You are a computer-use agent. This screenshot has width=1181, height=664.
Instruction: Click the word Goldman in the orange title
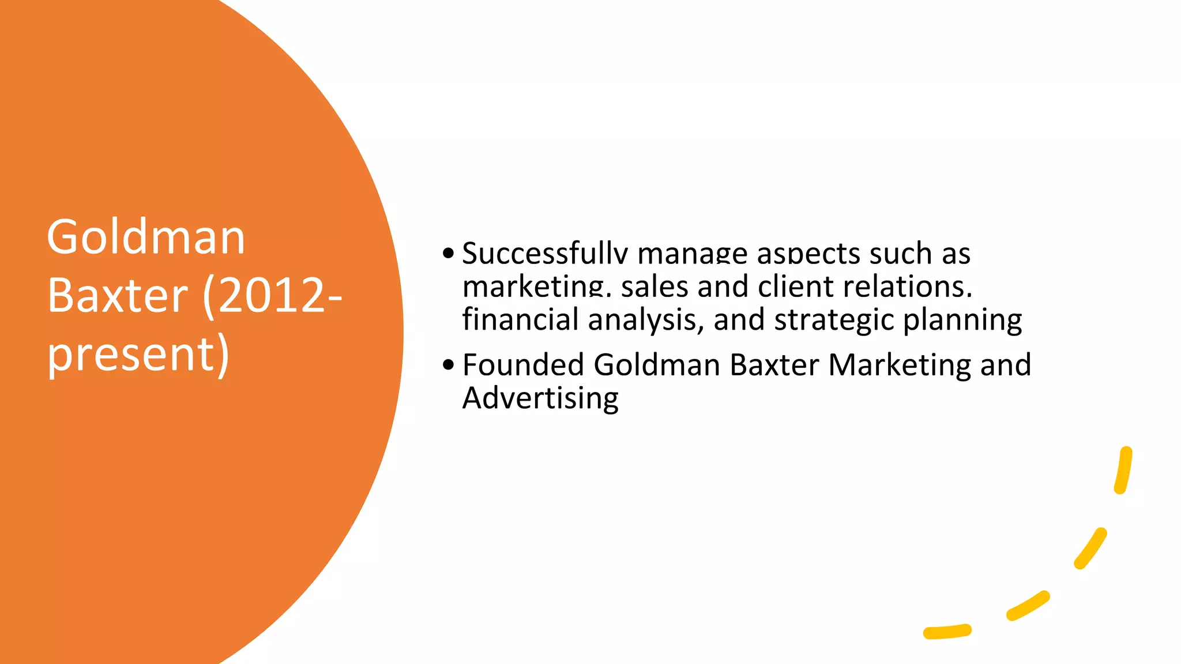[146, 237]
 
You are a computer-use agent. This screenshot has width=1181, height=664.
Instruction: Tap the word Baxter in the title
[118, 296]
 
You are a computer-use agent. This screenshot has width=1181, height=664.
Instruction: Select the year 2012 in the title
[272, 296]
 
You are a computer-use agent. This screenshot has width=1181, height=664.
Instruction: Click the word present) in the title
[138, 354]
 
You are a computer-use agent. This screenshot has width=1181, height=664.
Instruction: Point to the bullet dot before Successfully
[449, 254]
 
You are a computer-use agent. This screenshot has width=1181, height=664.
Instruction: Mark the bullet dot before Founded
[449, 365]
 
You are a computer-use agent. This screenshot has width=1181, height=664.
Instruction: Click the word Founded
[523, 365]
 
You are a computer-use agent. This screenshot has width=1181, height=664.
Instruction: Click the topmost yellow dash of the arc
[1123, 470]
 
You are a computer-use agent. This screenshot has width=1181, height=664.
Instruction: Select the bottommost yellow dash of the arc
[947, 632]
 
